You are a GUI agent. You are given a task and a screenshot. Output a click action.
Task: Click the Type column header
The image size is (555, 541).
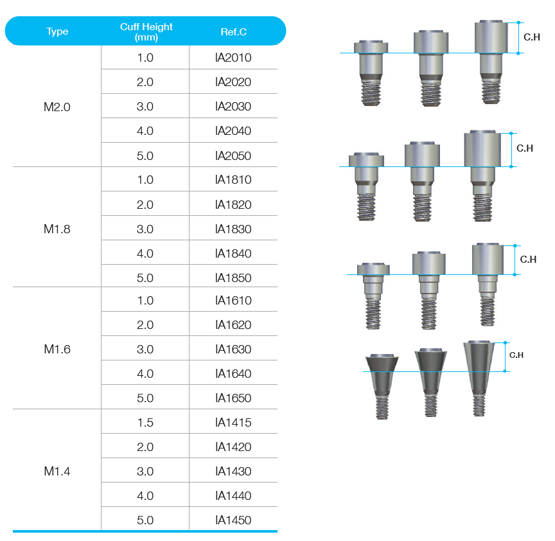57,31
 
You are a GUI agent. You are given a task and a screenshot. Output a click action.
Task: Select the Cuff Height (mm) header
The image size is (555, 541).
146,31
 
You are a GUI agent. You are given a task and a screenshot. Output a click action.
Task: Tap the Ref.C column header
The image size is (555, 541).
234,31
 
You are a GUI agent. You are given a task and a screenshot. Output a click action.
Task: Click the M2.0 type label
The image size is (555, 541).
57,107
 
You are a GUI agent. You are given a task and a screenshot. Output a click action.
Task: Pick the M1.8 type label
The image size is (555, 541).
57,229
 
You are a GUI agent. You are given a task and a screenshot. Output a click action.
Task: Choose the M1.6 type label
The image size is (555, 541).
57,349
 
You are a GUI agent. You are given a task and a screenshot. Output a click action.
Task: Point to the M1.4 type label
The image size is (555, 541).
57,471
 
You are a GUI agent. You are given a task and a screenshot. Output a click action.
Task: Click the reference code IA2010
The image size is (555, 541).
233,58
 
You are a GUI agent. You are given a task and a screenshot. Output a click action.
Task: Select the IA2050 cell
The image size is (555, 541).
233,155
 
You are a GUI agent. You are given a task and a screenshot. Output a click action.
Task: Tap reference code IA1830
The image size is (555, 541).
233,229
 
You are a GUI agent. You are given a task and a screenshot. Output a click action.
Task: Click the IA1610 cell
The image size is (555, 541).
233,300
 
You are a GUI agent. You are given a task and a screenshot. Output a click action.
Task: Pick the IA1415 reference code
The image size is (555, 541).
233,422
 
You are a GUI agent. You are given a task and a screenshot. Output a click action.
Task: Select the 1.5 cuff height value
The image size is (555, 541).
145,422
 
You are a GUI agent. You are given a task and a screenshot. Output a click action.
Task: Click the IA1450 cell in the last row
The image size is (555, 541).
233,520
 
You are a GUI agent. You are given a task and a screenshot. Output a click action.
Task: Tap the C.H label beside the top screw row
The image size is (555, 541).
531,38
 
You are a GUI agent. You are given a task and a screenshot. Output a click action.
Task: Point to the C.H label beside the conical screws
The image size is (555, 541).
516,355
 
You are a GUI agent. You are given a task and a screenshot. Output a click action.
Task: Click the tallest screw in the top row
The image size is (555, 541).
491,62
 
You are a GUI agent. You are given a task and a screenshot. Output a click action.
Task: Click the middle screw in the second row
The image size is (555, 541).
422,181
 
